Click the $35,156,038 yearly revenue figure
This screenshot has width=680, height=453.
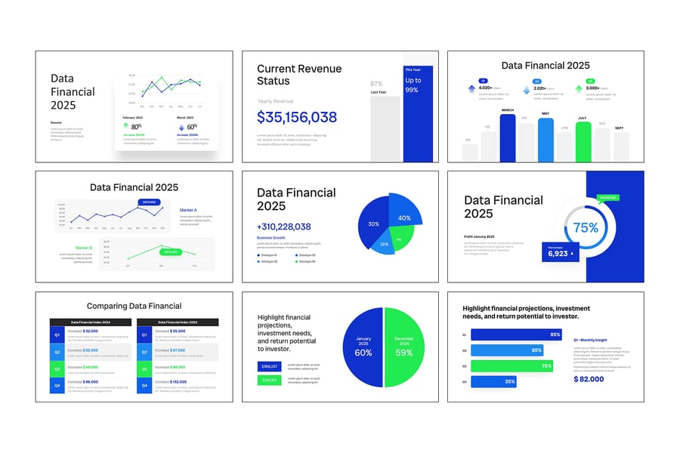tap(297, 117)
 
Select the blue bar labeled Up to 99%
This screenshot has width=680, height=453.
tap(418, 113)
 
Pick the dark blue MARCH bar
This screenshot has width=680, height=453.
tap(508, 137)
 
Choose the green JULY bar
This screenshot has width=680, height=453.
tap(583, 141)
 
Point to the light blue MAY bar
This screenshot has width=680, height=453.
tap(546, 140)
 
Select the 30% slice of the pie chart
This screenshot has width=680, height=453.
tap(372, 224)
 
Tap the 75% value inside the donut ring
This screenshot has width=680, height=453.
tap(586, 227)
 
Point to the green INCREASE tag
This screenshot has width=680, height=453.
tap(607, 198)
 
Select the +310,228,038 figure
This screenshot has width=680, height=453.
tap(284, 226)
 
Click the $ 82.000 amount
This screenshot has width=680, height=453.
tap(589, 378)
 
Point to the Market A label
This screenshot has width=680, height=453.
tap(188, 210)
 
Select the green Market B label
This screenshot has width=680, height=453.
tap(83, 248)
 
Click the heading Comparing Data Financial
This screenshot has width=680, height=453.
tap(134, 306)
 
